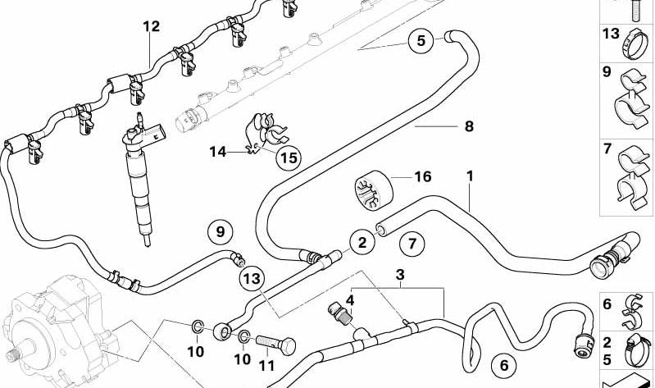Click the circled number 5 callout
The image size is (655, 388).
point(421,40)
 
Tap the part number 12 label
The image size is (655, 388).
point(150,26)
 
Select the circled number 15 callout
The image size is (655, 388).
point(287,157)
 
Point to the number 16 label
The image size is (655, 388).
point(422,176)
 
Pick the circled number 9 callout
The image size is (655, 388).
point(220,232)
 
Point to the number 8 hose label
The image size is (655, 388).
point(468,126)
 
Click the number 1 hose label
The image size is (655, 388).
point(470,175)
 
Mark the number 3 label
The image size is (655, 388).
point(400,273)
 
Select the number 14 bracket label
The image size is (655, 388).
point(217,151)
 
